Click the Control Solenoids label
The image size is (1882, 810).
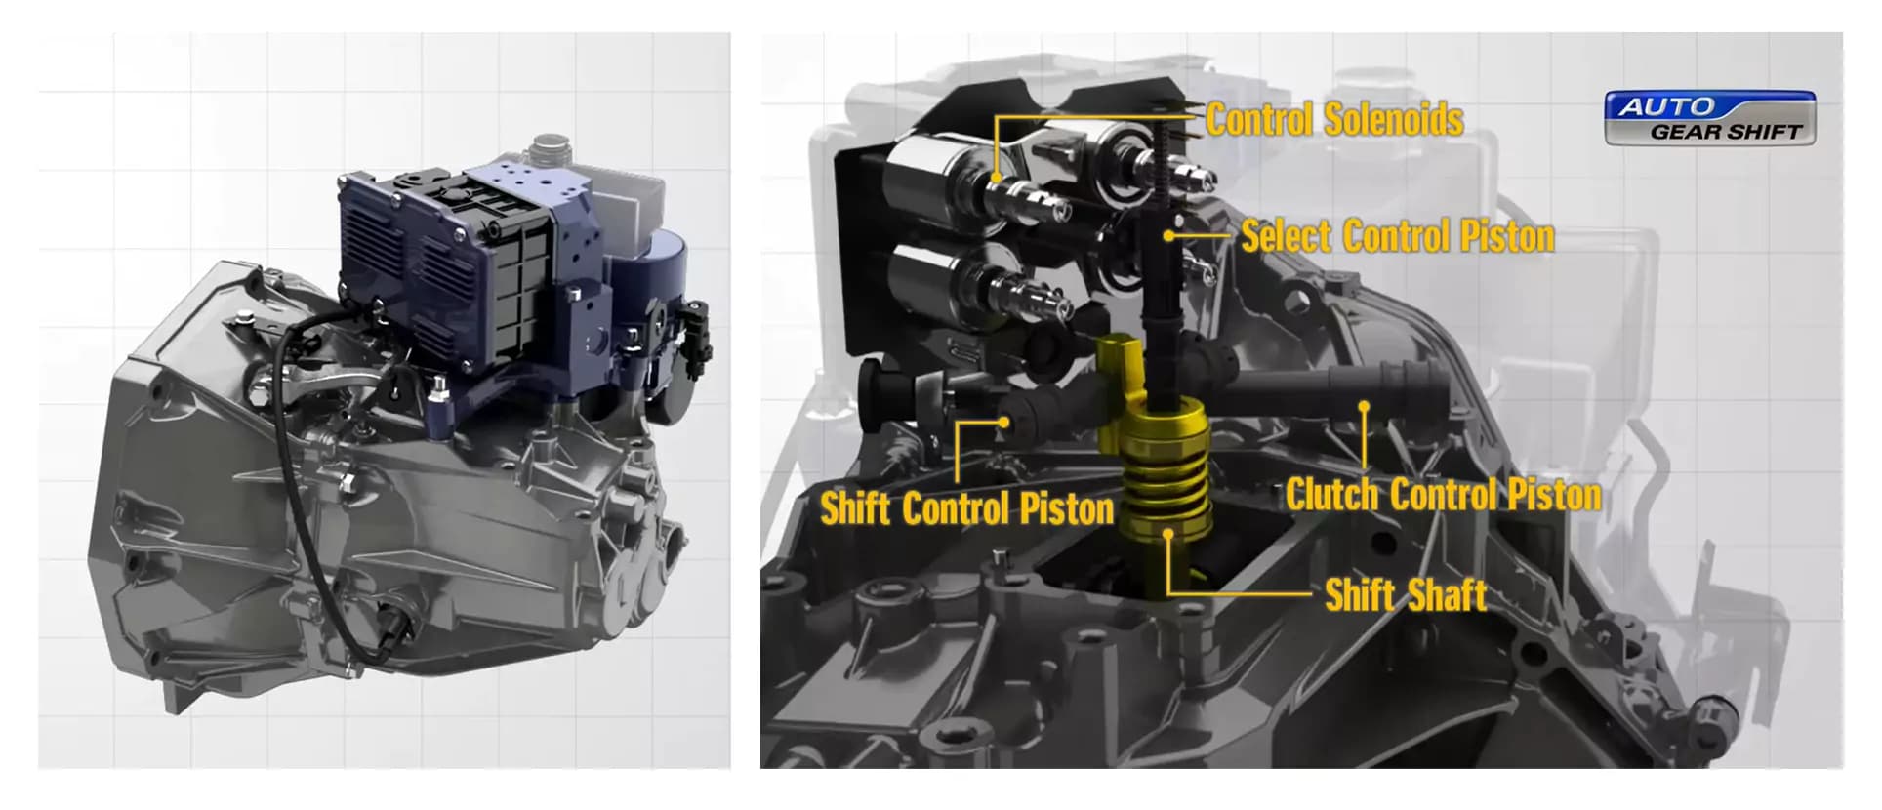click(1334, 120)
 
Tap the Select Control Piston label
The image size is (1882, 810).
click(1398, 236)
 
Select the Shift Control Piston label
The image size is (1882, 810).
click(966, 508)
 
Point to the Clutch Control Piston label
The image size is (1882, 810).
click(1443, 495)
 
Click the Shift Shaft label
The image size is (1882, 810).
click(1406, 594)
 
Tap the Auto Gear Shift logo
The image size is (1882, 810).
click(1710, 118)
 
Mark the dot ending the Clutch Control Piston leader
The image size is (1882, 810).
click(1364, 406)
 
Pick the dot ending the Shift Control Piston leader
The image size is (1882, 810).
click(1003, 423)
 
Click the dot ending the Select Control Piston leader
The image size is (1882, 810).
click(1168, 236)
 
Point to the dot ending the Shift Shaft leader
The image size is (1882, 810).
click(1168, 533)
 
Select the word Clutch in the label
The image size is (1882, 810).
click(1330, 495)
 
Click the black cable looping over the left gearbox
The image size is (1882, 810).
click(293, 507)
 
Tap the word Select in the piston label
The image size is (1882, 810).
click(1286, 236)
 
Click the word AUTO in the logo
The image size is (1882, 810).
click(1667, 106)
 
